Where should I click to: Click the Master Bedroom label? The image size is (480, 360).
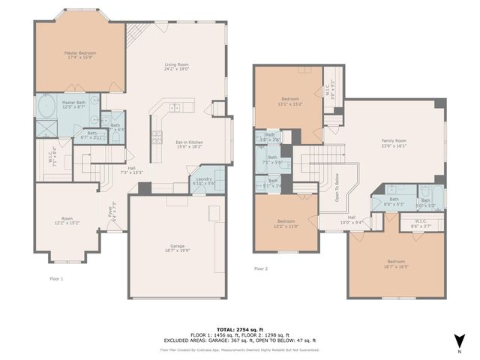[x=79, y=56]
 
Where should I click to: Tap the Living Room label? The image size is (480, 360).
[x=175, y=67]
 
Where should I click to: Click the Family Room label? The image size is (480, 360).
[x=394, y=144]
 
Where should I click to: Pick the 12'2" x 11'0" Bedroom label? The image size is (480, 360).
[x=286, y=223]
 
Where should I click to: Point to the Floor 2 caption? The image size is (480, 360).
[x=261, y=268]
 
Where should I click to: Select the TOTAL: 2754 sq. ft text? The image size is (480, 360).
[x=239, y=329]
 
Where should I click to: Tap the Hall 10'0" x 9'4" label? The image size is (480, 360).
[x=351, y=220]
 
